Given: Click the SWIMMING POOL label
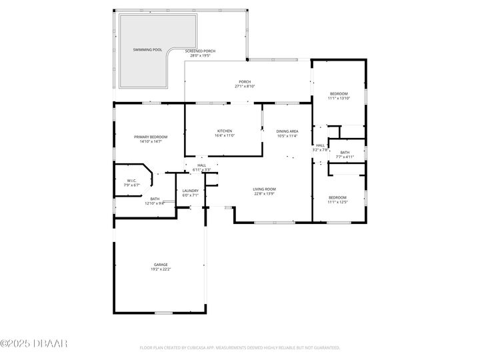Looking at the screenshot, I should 147,49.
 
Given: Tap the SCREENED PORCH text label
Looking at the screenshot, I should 200,51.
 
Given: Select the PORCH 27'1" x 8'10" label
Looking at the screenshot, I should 245,84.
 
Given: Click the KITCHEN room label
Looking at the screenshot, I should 224,131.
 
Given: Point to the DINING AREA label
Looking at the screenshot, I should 287,131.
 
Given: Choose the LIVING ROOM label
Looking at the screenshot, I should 264,189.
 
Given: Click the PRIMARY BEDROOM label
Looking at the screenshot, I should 151,137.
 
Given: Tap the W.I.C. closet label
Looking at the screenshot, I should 132,181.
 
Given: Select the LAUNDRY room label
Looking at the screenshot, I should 191,191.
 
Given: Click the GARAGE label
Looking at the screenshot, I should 161,265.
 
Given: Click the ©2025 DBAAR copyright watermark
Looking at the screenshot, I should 34,344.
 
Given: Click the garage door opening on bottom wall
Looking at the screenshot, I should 163,312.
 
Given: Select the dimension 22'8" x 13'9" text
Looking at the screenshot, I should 264,194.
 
